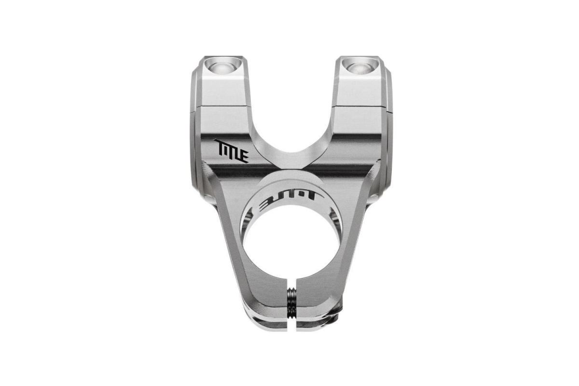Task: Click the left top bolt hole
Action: tap(222, 66)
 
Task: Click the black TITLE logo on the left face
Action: tap(231, 151)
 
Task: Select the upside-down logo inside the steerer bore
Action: tap(289, 197)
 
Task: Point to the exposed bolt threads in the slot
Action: tap(291, 302)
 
